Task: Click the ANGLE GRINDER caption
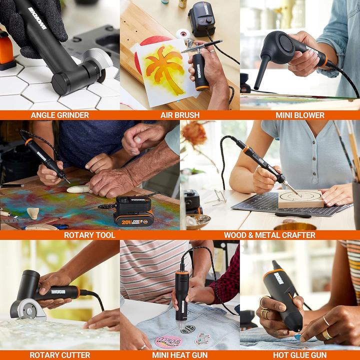[59, 115]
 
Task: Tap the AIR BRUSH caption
[179, 115]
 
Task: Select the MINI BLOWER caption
[299, 115]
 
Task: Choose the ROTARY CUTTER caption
[59, 355]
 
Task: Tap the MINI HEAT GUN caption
[179, 355]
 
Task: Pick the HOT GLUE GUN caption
[299, 355]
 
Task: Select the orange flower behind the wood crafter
[194, 133]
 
